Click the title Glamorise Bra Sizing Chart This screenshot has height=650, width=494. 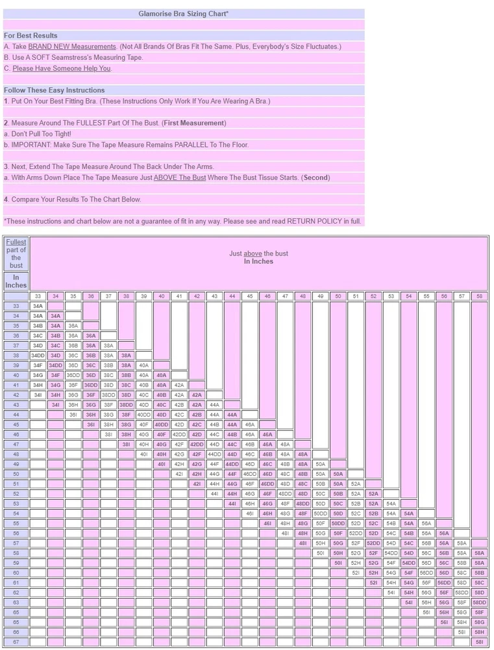183,13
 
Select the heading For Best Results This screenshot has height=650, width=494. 31,36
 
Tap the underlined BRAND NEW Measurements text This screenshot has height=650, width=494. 72,47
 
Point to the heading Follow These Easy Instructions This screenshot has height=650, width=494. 54,90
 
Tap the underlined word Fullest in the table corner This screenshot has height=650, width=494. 16,242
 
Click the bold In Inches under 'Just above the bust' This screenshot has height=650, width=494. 258,261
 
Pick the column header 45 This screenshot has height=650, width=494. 250,296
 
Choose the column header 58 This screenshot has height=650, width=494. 479,296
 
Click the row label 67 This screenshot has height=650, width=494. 16,642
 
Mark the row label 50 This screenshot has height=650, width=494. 16,474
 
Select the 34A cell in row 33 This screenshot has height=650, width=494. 38,305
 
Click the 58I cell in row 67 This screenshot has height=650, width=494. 479,642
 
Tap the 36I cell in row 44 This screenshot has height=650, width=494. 73,415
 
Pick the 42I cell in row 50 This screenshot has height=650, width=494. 179,474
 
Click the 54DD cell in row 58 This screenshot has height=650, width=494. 391,553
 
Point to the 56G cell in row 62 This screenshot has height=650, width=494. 426,592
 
